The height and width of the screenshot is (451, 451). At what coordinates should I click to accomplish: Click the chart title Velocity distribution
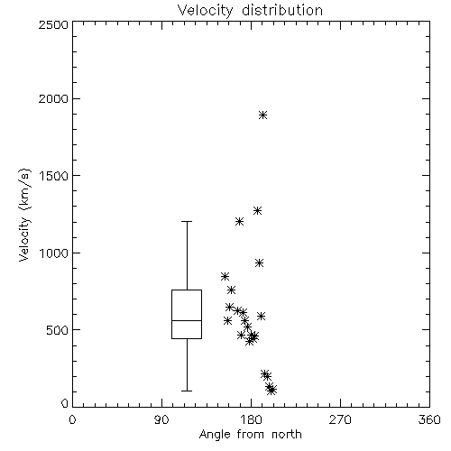250,10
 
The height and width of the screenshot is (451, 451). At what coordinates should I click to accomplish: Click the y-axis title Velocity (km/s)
24,215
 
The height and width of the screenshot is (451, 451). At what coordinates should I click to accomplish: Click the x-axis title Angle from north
250,435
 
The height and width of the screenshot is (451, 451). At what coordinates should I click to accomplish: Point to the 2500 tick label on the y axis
53,24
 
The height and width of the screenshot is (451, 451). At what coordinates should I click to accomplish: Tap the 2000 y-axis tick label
53,98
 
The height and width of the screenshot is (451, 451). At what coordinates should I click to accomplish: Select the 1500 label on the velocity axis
54,176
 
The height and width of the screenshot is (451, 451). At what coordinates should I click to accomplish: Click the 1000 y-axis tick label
54,253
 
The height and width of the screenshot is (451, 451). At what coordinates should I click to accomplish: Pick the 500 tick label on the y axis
58,330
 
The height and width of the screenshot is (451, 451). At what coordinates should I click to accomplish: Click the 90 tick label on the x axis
161,419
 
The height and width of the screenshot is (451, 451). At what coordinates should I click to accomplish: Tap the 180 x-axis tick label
251,419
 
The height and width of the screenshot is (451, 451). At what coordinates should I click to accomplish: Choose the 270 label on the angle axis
340,419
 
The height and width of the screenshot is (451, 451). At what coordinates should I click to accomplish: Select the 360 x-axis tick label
429,419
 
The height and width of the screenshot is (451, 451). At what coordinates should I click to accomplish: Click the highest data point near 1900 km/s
263,115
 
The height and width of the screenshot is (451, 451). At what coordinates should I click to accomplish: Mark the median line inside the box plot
187,320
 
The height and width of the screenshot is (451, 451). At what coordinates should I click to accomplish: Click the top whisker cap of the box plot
187,222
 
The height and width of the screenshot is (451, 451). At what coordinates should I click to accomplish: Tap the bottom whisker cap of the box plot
187,391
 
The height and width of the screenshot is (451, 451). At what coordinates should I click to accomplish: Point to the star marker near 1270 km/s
257,210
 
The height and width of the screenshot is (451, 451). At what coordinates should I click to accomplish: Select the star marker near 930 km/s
260,263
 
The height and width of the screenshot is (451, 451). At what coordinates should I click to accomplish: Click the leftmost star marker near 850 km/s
225,276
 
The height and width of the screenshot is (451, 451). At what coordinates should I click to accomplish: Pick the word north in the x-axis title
287,435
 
